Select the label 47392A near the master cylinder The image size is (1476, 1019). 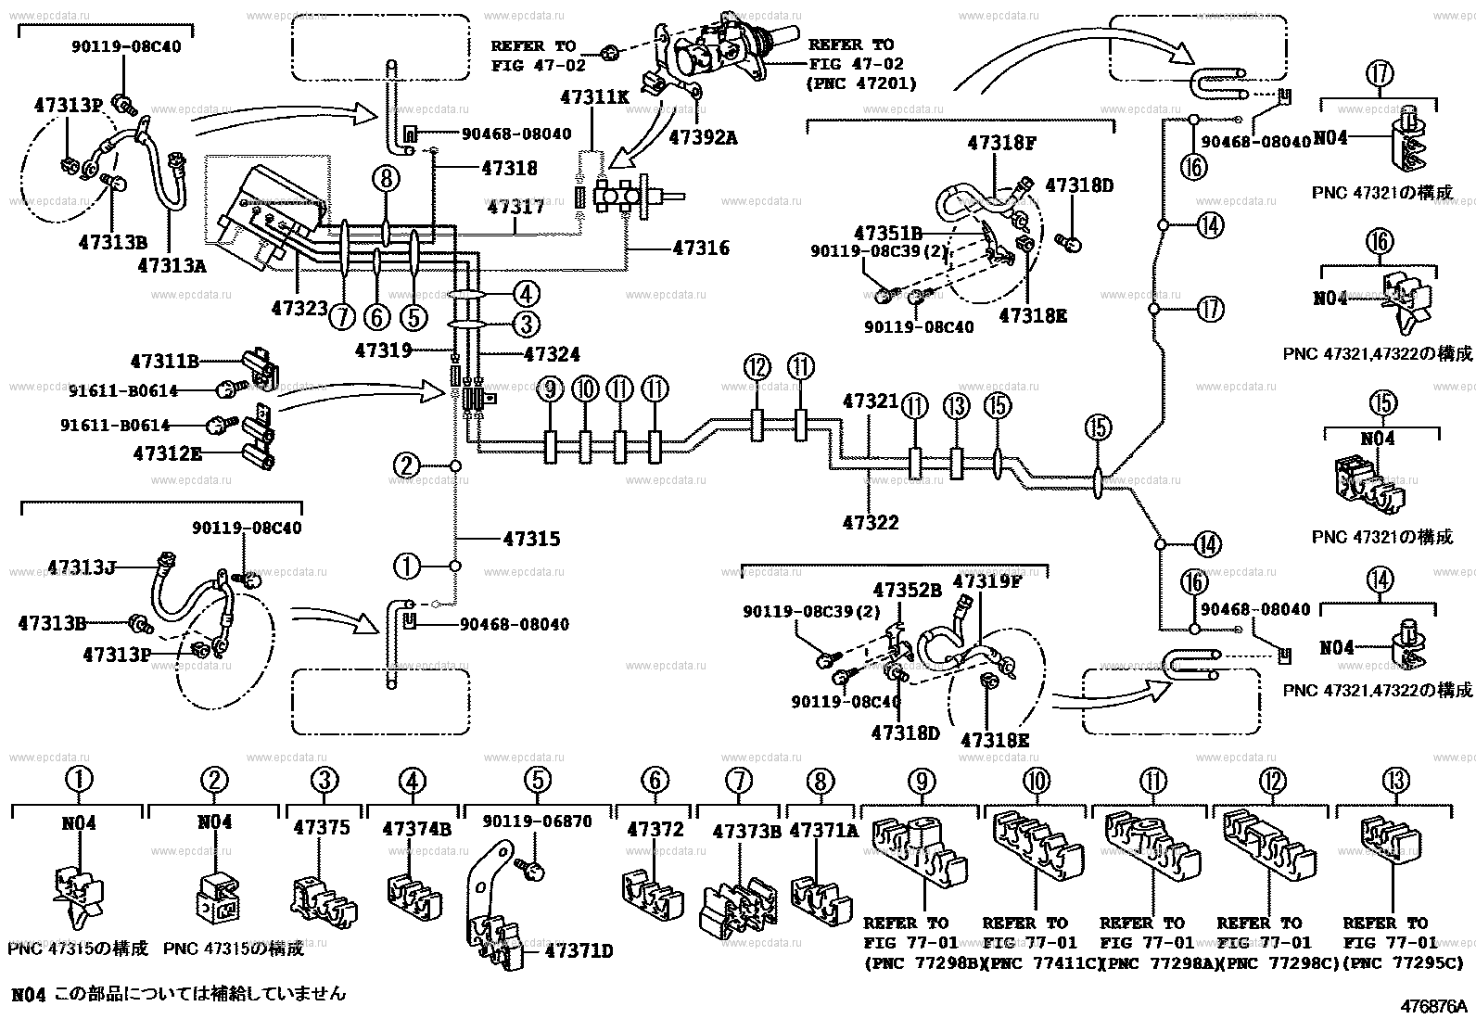coord(703,138)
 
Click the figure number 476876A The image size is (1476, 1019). coord(1434,1005)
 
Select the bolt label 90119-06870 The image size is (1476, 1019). coord(537,822)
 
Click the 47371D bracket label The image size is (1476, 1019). coord(579,951)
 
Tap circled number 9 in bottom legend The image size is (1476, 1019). coord(921,782)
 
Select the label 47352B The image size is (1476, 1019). coord(909,589)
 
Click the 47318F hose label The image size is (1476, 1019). coord(1000,143)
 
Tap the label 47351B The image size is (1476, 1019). coord(887,233)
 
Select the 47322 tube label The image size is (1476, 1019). coord(871,523)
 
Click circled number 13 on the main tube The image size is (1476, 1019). coord(956,405)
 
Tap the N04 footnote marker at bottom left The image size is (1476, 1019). coord(28,994)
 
